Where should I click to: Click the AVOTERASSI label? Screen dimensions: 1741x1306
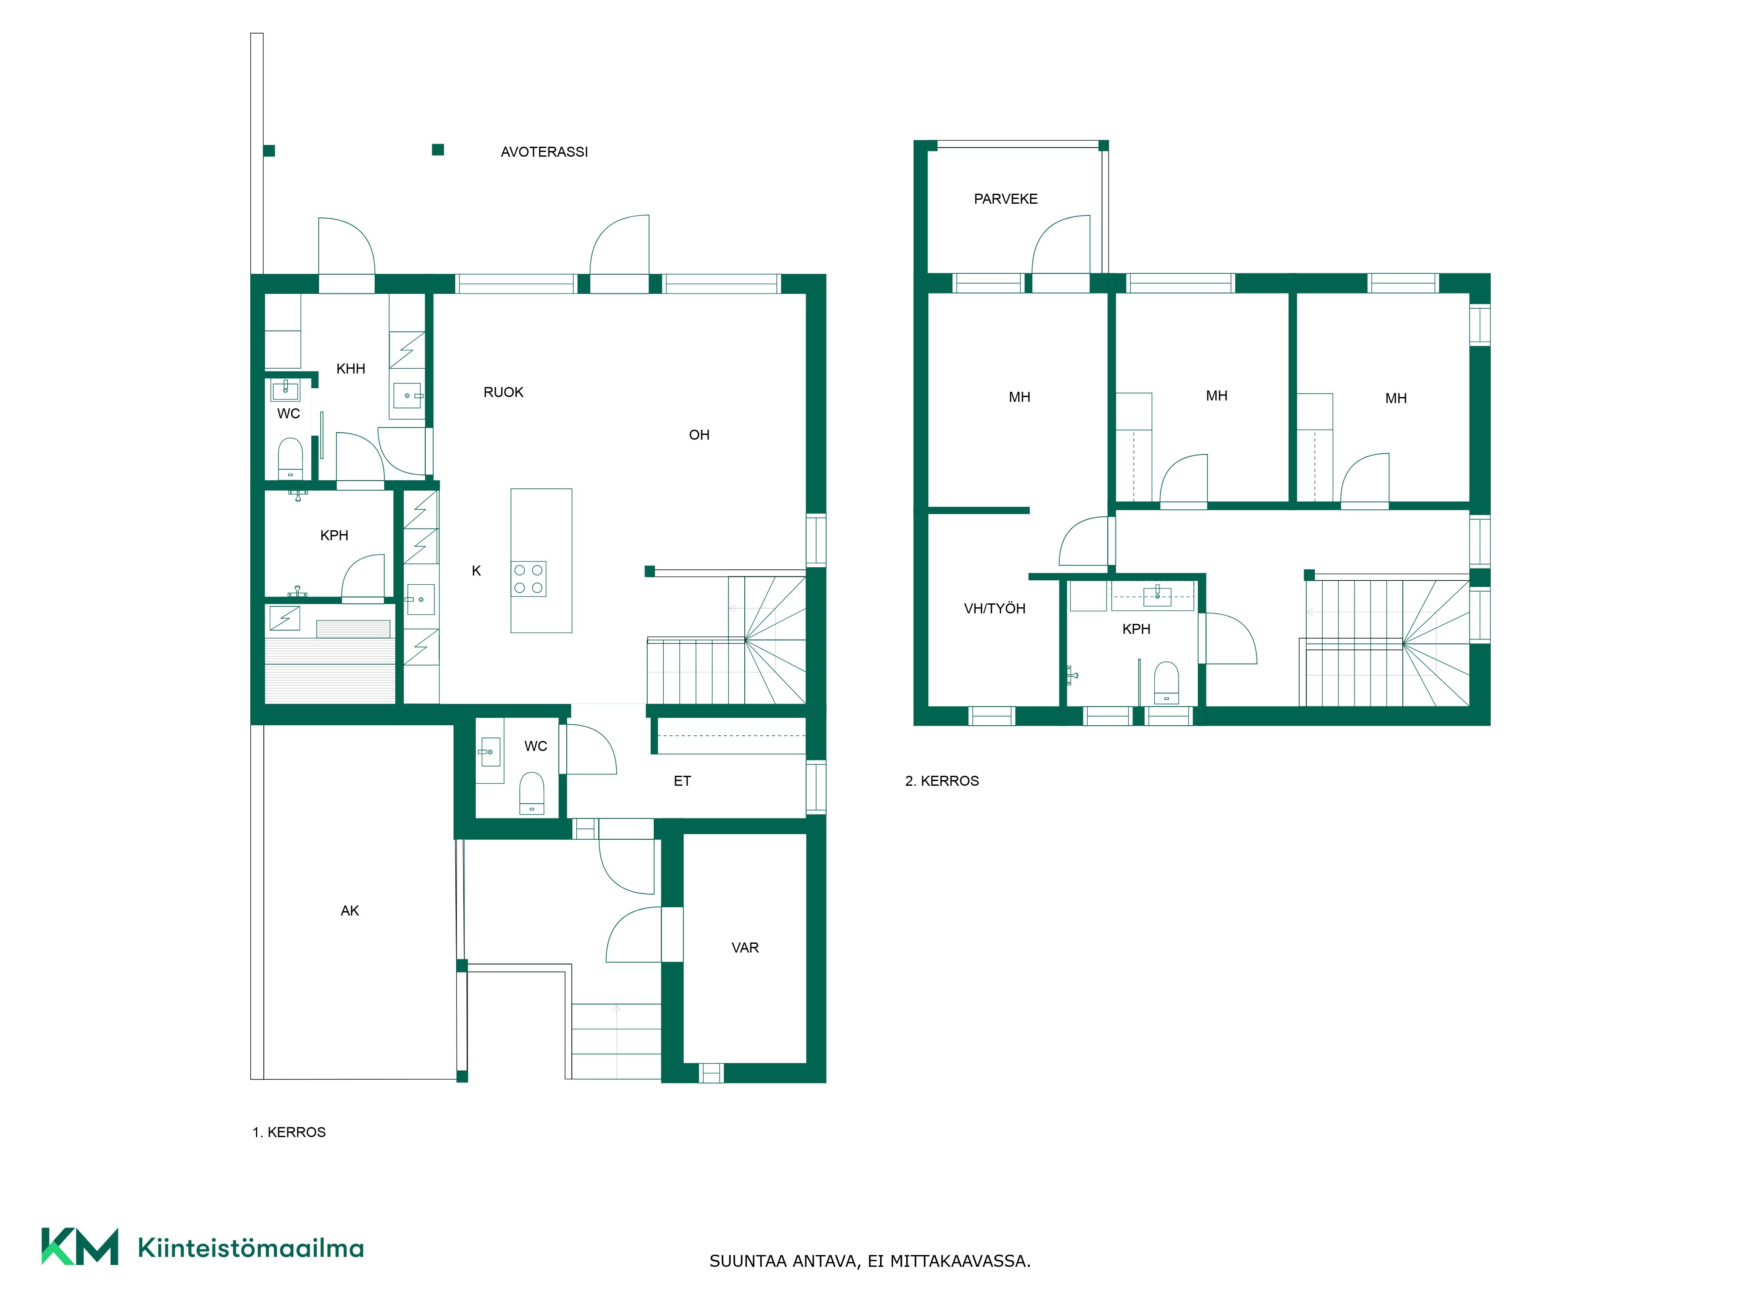tap(544, 152)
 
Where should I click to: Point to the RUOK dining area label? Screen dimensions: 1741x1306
tap(503, 392)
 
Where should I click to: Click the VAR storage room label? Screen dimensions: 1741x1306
tap(745, 948)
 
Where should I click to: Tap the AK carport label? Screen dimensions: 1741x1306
tap(350, 911)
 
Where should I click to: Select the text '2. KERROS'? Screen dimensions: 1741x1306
tap(942, 781)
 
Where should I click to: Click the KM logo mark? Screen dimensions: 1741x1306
tap(80, 1246)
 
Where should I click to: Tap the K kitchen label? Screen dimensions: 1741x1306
tap(476, 571)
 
